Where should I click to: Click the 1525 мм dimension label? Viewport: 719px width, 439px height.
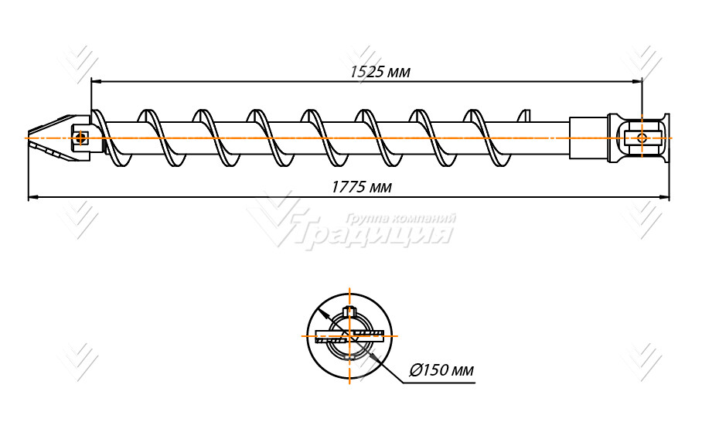[x=379, y=72]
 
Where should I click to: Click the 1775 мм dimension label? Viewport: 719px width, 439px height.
[x=360, y=186]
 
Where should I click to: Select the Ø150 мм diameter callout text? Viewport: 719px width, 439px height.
[x=441, y=370]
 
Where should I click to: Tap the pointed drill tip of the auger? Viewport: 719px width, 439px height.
[x=30, y=138]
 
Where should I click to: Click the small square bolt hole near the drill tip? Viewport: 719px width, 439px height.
[x=80, y=138]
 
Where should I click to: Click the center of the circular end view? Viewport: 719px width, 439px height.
[x=350, y=335]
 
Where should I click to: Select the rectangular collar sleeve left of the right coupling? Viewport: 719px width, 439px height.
[x=588, y=138]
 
